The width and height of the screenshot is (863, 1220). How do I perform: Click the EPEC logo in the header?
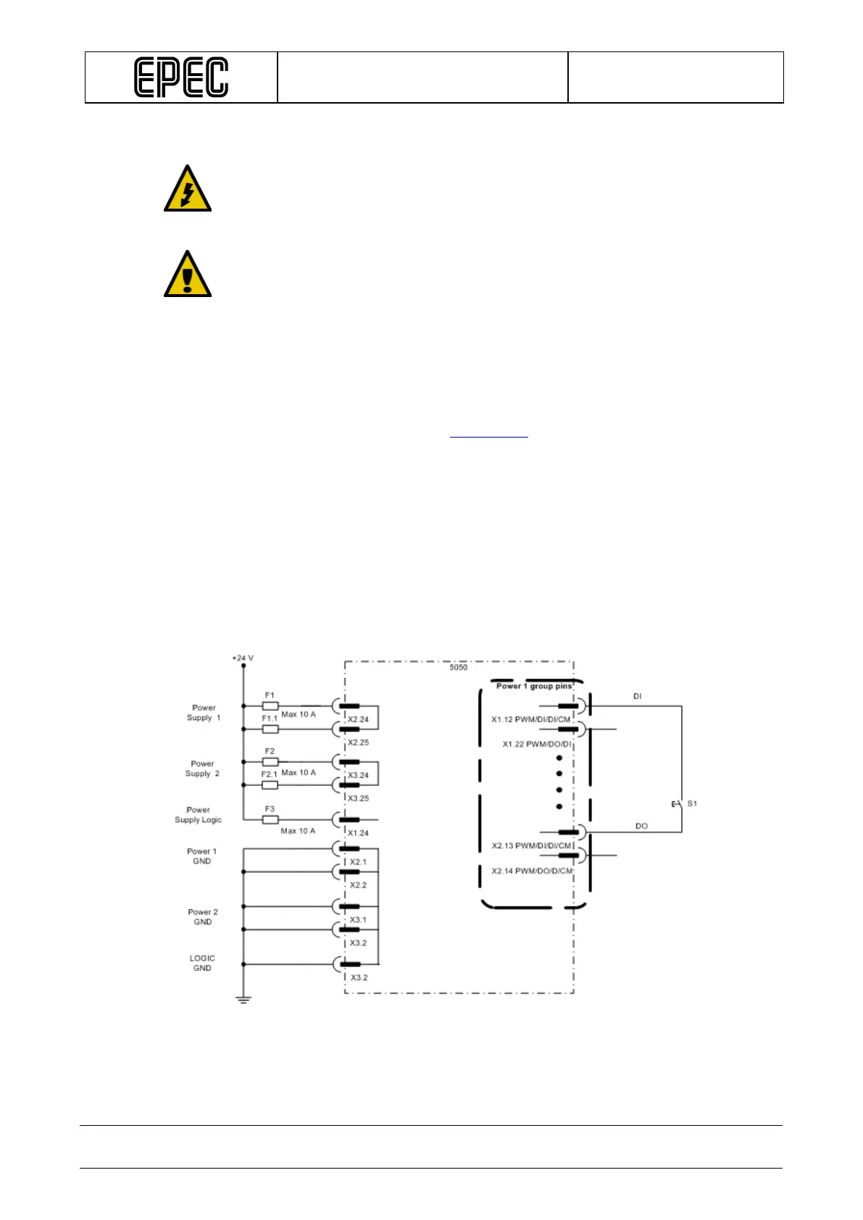pyautogui.click(x=181, y=78)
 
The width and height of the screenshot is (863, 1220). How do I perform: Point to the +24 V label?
pyautogui.click(x=243, y=658)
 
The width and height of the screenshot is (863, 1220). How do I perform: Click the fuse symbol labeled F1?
pyautogui.click(x=270, y=706)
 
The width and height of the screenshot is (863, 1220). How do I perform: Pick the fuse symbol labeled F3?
pyautogui.click(x=270, y=819)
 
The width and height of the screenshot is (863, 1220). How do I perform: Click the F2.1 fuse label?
pyautogui.click(x=269, y=774)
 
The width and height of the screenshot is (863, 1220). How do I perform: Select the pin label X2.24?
pyautogui.click(x=358, y=719)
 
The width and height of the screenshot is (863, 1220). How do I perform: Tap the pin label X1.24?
pyautogui.click(x=358, y=833)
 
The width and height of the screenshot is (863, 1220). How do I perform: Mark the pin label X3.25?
pyautogui.click(x=358, y=798)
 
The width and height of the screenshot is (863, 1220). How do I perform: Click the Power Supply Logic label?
pyautogui.click(x=198, y=815)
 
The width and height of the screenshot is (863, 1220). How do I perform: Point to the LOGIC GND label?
pyautogui.click(x=202, y=963)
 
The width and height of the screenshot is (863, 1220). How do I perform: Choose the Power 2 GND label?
pyautogui.click(x=203, y=917)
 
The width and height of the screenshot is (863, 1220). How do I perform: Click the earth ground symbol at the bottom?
pyautogui.click(x=243, y=1000)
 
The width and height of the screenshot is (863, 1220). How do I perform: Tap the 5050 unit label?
pyautogui.click(x=458, y=667)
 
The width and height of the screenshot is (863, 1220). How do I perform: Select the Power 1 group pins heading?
pyautogui.click(x=534, y=686)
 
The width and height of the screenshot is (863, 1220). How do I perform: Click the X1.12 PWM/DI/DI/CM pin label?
pyautogui.click(x=530, y=719)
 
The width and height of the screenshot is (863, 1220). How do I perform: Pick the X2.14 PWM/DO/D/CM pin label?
pyautogui.click(x=532, y=871)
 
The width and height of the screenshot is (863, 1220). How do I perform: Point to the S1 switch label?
pyautogui.click(x=692, y=803)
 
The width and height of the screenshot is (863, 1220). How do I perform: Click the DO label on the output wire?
pyautogui.click(x=641, y=826)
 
